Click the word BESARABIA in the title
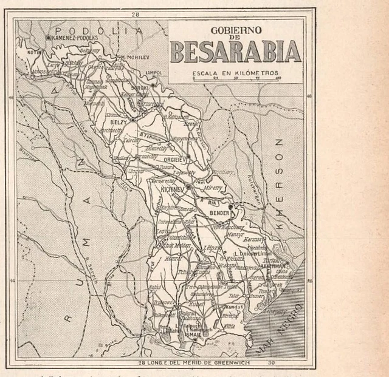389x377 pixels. [235, 52]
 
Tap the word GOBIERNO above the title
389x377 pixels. [235, 30]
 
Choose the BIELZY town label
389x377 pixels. [118, 121]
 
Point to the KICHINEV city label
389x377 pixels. [172, 189]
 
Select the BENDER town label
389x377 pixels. [219, 215]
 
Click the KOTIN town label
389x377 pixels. [33, 52]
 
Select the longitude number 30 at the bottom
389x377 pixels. [270, 363]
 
